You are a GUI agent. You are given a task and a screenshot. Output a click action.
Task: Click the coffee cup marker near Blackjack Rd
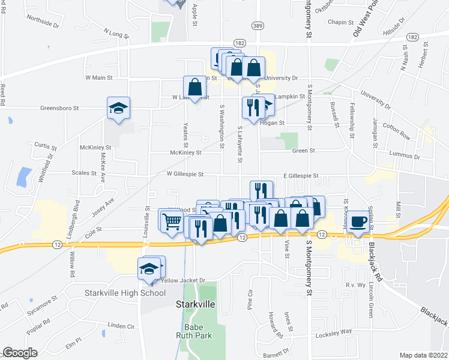click(x=359, y=222)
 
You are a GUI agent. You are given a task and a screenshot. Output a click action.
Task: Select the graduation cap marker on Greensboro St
click(x=119, y=109)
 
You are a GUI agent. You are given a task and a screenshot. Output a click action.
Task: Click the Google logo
click(x=20, y=353)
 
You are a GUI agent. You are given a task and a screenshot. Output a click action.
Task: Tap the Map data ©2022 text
click(x=424, y=355)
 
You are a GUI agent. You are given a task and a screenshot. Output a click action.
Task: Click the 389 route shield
click(x=258, y=26)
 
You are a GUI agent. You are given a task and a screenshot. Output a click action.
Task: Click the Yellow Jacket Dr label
click(x=183, y=280)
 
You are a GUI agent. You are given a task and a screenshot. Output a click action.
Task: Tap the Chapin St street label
click(x=343, y=22)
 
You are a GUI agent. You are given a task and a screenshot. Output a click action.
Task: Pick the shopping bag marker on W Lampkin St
click(x=195, y=87)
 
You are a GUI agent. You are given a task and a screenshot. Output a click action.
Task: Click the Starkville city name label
click(x=196, y=304)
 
